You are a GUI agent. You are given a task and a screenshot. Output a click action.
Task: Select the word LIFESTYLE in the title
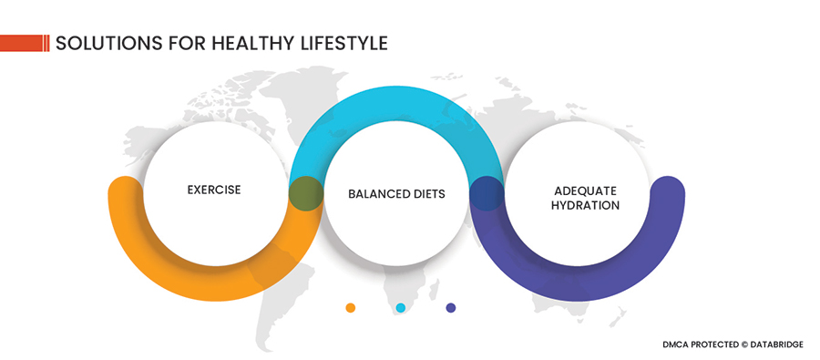344,43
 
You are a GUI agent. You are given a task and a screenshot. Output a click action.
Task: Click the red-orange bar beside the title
25,43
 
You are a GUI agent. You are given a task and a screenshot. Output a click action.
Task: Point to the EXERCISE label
214,190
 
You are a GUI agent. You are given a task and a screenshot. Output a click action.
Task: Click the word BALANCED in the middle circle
375,193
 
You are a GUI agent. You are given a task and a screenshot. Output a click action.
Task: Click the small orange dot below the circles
351,308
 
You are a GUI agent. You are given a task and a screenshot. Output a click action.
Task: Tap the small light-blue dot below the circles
401,308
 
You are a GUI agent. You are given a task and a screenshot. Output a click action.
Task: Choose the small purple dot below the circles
451,308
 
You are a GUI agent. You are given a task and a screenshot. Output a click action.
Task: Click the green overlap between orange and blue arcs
306,193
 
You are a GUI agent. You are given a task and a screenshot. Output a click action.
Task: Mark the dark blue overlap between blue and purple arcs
487,193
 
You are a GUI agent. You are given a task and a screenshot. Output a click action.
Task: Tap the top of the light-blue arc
396,103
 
